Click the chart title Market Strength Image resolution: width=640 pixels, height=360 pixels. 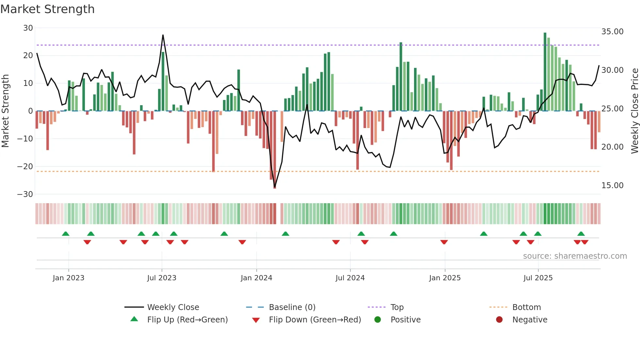coord(47,9)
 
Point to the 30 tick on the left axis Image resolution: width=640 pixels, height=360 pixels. coord(28,28)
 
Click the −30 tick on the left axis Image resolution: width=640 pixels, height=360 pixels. coord(25,194)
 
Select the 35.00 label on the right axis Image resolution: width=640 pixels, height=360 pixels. coord(612,32)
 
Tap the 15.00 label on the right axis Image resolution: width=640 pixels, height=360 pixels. coord(612,186)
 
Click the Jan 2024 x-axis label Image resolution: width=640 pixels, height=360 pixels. coord(256,278)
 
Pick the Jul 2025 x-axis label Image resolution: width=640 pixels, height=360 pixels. coord(538,278)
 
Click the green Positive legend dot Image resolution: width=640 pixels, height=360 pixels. coord(377,320)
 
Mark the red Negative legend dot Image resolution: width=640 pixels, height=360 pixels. coord(499,320)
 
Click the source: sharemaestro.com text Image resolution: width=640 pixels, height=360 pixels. coord(575,256)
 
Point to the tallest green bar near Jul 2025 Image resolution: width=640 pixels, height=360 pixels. coord(545,72)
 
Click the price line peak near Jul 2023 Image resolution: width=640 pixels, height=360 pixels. coord(163,35)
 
